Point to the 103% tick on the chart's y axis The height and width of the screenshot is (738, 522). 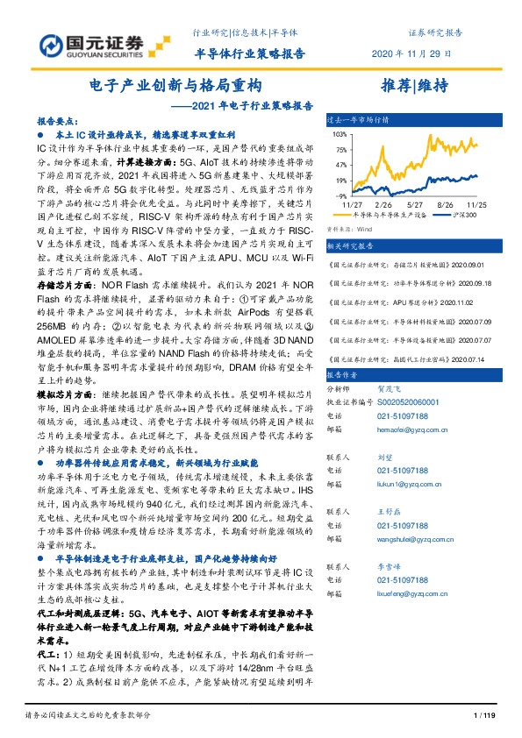[x=338, y=134]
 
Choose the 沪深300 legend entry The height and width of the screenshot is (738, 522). [x=462, y=213]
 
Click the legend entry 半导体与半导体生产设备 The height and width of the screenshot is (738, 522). [x=387, y=213]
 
